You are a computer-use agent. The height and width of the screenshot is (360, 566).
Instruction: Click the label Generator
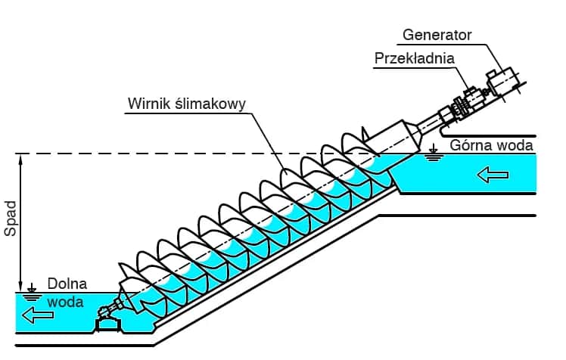tap(437, 35)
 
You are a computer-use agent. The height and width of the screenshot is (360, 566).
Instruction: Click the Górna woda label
tap(491, 144)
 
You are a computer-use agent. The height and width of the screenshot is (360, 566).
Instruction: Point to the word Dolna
tap(67, 284)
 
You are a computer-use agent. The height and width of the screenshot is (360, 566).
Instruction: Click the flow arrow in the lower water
tap(39, 314)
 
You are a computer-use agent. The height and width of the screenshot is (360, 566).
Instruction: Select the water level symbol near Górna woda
tap(434, 154)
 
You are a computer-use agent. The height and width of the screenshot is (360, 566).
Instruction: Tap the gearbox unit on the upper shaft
tap(462, 106)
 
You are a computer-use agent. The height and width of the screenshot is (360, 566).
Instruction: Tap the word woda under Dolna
tap(66, 300)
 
